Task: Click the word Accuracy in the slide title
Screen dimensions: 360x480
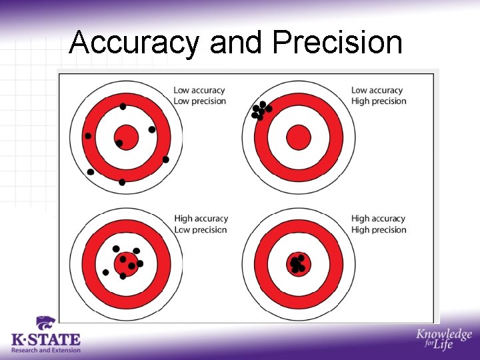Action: click(x=136, y=43)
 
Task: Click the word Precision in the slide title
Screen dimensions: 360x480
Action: click(x=337, y=43)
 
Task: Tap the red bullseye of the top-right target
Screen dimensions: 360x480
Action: click(x=299, y=138)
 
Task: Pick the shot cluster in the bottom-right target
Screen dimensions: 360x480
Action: click(x=297, y=264)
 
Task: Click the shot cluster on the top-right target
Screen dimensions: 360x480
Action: click(x=260, y=111)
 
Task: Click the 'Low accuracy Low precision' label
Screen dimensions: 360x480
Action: click(x=199, y=95)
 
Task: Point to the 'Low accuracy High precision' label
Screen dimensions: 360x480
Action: click(x=378, y=95)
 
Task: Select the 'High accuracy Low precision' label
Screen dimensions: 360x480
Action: click(x=200, y=224)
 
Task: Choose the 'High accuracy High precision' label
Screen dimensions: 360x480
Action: click(x=378, y=224)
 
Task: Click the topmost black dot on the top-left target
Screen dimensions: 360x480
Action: click(x=123, y=107)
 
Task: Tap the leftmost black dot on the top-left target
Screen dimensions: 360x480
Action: click(x=88, y=136)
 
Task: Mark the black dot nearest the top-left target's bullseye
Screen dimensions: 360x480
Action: click(x=119, y=143)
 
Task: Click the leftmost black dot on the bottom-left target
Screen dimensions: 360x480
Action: click(x=105, y=272)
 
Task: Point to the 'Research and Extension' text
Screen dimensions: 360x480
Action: click(x=46, y=350)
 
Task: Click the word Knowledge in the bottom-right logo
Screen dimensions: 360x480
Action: click(x=444, y=334)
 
